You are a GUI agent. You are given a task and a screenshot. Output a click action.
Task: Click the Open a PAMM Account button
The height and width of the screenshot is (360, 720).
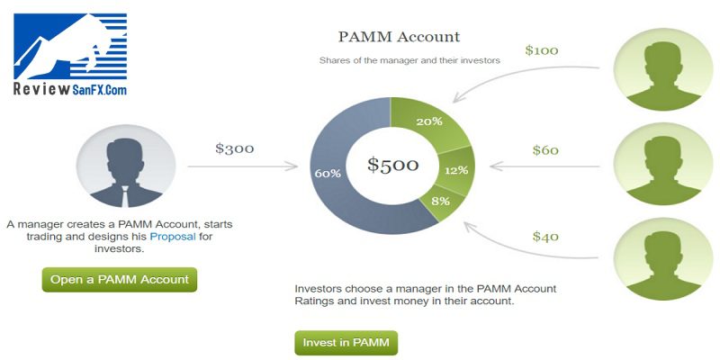(x=120, y=280)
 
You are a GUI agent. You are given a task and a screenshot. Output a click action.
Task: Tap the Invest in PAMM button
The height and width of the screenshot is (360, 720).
(x=346, y=343)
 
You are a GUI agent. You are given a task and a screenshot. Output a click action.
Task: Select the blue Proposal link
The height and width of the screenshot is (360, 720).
(x=173, y=237)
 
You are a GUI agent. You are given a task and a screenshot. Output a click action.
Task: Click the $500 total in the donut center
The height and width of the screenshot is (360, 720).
(x=392, y=165)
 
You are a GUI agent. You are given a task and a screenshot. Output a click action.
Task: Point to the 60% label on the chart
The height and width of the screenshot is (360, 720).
(x=328, y=174)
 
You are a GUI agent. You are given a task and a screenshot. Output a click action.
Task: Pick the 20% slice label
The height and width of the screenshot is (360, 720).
(x=429, y=121)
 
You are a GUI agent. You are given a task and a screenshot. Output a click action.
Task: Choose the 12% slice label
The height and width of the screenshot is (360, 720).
(x=456, y=170)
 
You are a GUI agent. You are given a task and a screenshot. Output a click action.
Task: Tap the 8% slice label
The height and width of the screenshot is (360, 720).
(x=440, y=201)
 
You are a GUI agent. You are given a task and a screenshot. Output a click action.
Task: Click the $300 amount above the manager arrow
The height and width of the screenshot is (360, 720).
(x=235, y=148)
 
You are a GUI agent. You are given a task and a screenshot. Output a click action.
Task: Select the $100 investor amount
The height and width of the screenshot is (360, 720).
(x=542, y=50)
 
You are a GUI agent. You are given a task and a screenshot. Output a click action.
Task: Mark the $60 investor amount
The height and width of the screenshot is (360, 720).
(x=545, y=150)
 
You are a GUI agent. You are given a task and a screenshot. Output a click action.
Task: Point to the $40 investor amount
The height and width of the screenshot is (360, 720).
(x=545, y=237)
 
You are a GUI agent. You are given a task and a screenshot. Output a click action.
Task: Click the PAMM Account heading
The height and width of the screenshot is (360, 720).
(x=399, y=37)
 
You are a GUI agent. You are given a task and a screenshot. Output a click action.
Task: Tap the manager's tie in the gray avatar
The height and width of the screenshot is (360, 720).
(x=125, y=196)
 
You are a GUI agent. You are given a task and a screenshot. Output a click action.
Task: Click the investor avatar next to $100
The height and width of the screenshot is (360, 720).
(x=663, y=69)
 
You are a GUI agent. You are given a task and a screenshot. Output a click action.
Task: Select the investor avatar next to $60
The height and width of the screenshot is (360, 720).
(x=663, y=164)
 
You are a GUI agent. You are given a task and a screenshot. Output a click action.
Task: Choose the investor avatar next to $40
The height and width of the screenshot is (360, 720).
(x=663, y=259)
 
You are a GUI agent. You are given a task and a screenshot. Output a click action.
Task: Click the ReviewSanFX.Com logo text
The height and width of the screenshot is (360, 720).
(x=70, y=89)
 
